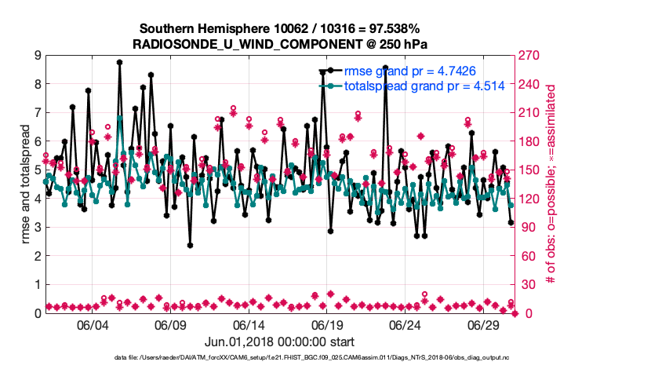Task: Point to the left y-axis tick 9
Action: click(x=37, y=55)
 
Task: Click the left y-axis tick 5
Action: click(x=37, y=170)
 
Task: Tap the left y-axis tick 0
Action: click(x=37, y=313)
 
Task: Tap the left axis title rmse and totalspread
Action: click(x=24, y=184)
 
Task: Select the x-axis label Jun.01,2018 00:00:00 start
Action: click(x=280, y=342)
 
